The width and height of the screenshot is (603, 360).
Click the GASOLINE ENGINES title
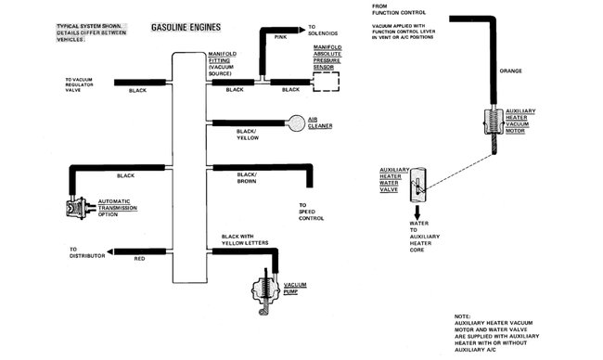pyautogui.click(x=186, y=27)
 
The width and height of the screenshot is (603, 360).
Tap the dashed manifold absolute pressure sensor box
pyautogui.click(x=327, y=72)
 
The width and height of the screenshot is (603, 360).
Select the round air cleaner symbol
pyautogui.click(x=296, y=123)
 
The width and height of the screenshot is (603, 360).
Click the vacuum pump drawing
pyautogui.click(x=265, y=291)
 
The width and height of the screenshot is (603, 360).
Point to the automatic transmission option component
pyautogui.click(x=80, y=208)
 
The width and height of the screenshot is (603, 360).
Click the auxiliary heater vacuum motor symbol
pyautogui.click(x=494, y=122)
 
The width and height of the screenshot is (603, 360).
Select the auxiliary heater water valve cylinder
pyautogui.click(x=417, y=185)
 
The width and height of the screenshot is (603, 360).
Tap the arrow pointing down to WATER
pyautogui.click(x=417, y=212)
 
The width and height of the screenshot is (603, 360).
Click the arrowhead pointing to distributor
pyautogui.click(x=110, y=252)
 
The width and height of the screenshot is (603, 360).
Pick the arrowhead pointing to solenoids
pyautogui.click(x=301, y=30)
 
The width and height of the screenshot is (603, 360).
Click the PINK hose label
pyautogui.click(x=281, y=37)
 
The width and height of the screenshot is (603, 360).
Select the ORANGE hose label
pyautogui.click(x=511, y=71)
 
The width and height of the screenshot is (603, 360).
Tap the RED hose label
pyautogui.click(x=139, y=259)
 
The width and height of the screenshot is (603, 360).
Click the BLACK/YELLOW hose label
pyautogui.click(x=248, y=135)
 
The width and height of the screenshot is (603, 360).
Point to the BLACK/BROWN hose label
pyautogui.click(x=247, y=178)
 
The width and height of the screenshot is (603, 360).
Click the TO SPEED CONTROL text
pyautogui.click(x=311, y=212)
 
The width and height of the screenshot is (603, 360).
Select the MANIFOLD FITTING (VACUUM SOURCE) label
pyautogui.click(x=223, y=64)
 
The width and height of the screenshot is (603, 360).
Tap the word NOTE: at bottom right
pyautogui.click(x=462, y=316)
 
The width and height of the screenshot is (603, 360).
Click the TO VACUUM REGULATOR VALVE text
pyautogui.click(x=79, y=85)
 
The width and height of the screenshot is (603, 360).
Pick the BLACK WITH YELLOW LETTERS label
pyautogui.click(x=245, y=239)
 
